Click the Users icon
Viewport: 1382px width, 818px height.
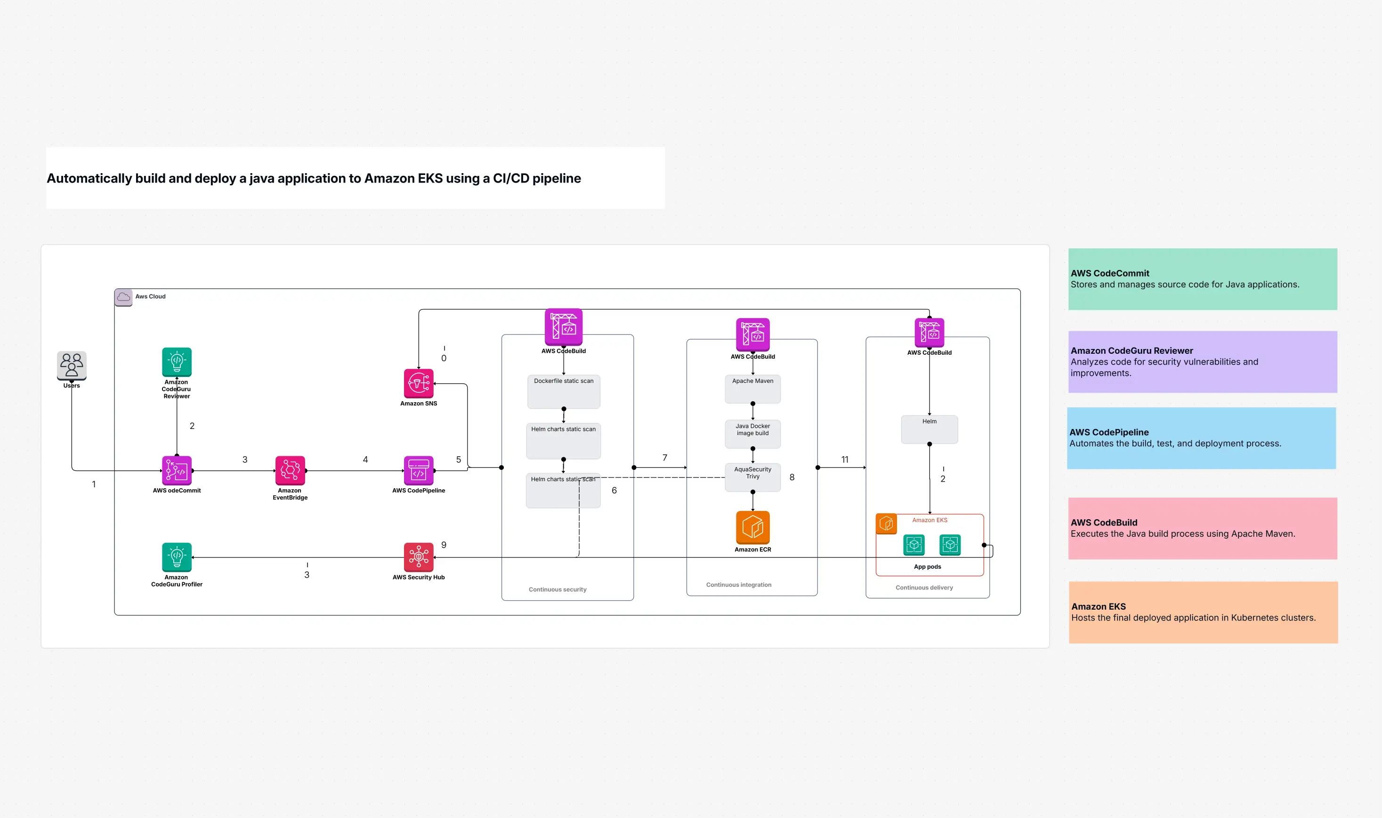point(72,365)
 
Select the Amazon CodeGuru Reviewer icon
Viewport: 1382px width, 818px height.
point(177,362)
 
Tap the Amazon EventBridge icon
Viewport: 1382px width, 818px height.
point(290,470)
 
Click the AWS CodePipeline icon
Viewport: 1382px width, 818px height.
point(418,470)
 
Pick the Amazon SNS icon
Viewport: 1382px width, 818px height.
point(418,383)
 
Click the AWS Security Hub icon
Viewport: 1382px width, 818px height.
point(418,557)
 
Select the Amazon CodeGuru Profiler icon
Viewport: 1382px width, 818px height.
point(177,557)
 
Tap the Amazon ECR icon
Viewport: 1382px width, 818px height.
point(752,527)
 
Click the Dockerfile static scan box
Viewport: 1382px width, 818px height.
point(563,391)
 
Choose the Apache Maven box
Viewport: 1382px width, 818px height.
point(752,389)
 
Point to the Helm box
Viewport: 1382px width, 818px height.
point(929,429)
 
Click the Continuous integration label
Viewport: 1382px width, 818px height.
point(738,585)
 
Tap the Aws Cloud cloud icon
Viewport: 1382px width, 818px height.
point(123,297)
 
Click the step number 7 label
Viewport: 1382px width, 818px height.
point(664,458)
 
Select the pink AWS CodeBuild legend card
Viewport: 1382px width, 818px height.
point(1202,528)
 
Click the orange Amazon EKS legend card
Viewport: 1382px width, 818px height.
point(1203,612)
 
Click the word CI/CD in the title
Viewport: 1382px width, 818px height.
point(511,179)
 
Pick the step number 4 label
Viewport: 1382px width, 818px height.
point(365,459)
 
